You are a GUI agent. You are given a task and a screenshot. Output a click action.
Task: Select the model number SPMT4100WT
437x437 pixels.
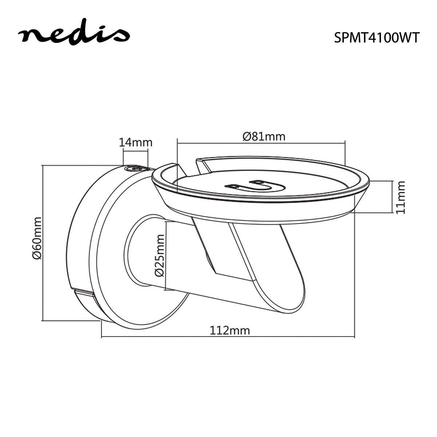tap(377, 38)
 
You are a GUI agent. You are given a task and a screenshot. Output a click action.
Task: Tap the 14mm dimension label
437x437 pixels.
tap(135, 142)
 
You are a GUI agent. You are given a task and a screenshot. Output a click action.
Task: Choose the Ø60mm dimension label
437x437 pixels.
tap(37, 238)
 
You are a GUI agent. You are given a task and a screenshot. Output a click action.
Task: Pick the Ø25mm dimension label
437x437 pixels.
tap(159, 256)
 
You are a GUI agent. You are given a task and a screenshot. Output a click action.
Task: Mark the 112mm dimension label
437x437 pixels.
tap(230, 330)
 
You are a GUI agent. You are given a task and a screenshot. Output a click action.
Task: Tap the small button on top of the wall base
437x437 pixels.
tap(136, 169)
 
